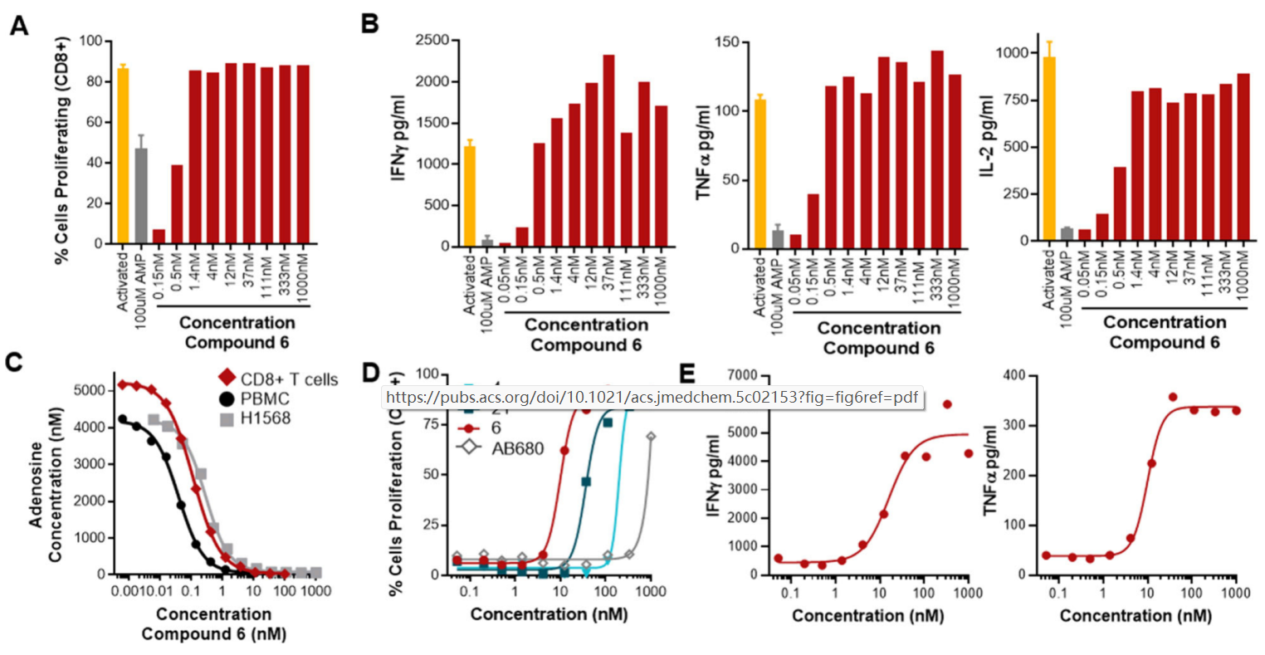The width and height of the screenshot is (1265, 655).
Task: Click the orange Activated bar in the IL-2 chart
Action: pyautogui.click(x=1048, y=149)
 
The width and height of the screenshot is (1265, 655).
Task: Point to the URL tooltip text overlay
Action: pyautogui.click(x=652, y=398)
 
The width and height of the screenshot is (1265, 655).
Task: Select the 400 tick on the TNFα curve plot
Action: pyautogui.click(x=1016, y=376)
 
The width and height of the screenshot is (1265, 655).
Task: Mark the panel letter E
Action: pyautogui.click(x=686, y=376)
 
